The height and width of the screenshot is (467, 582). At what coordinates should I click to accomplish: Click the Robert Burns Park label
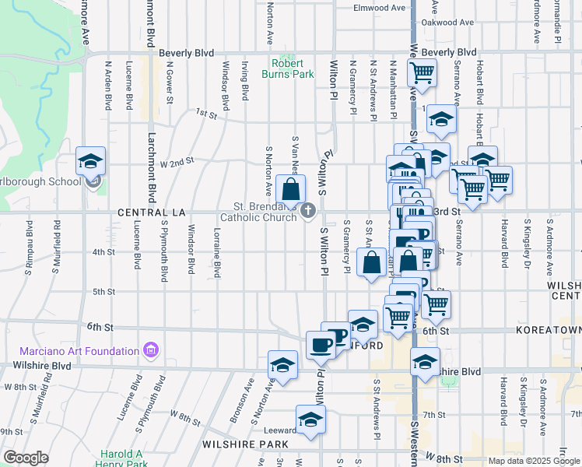click(292, 69)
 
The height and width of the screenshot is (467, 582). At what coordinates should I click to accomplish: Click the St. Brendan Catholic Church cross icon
click(308, 211)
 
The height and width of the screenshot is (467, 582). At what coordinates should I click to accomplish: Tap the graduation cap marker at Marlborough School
click(91, 162)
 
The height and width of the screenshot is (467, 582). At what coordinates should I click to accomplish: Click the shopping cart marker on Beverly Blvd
click(421, 73)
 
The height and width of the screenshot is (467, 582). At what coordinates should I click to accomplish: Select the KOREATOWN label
click(548, 331)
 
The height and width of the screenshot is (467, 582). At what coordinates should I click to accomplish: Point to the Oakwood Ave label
click(448, 23)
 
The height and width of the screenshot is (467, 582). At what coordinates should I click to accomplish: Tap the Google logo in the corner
click(26, 457)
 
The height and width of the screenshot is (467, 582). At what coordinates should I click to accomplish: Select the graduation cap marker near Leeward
click(310, 420)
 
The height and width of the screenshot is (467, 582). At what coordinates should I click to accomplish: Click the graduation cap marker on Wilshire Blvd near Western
click(425, 363)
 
